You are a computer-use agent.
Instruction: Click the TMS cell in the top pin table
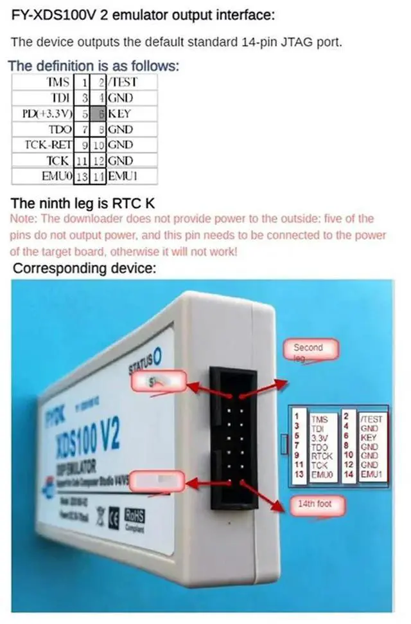coord(57,82)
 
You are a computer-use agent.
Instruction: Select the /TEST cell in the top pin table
coord(122,82)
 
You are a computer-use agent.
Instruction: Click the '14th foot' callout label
coord(315,504)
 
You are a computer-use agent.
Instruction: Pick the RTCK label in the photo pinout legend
coord(319,454)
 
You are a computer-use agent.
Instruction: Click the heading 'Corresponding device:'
coord(84,268)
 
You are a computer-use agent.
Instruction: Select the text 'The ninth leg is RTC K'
coord(83,203)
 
